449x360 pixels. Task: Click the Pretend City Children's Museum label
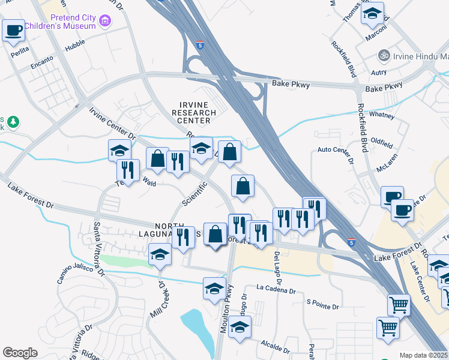click(x=65, y=22)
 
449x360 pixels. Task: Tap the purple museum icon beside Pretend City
click(x=106, y=22)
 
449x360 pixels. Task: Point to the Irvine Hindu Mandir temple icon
click(x=384, y=56)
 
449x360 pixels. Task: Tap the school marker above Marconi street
click(x=373, y=13)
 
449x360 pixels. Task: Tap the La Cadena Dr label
click(x=276, y=290)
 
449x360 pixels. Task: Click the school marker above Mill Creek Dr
click(x=160, y=255)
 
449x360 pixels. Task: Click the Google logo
click(x=20, y=352)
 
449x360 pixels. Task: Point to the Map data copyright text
click(x=424, y=355)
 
